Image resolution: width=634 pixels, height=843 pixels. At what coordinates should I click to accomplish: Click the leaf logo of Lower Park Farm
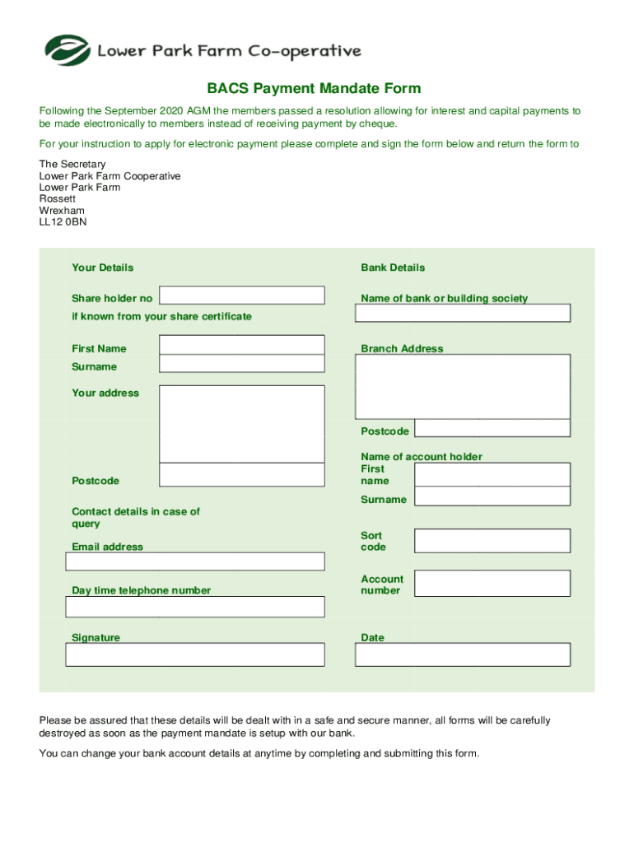(67, 50)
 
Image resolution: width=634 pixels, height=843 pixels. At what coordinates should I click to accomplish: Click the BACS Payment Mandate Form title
(314, 89)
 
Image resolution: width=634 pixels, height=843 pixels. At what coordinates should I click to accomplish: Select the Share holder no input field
(241, 296)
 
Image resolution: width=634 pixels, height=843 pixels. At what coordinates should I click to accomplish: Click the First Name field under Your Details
(241, 345)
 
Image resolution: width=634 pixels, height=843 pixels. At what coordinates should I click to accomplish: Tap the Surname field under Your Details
(241, 365)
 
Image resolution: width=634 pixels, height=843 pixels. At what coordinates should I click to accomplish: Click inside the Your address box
(241, 424)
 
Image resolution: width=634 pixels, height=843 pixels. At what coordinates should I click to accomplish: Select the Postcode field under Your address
(241, 475)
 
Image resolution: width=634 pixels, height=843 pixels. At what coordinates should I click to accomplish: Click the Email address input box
(195, 561)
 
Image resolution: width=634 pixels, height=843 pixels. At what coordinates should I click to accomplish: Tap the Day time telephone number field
(195, 607)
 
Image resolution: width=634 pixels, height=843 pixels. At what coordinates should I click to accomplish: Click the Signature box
(195, 654)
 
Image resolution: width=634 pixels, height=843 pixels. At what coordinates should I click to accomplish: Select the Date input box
(462, 654)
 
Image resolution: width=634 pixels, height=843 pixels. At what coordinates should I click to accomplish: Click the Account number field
(492, 584)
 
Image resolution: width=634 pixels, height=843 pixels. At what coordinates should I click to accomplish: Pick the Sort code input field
(492, 541)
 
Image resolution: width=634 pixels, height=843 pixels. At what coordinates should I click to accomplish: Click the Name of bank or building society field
(462, 313)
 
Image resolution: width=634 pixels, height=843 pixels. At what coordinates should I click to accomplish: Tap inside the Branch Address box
(462, 387)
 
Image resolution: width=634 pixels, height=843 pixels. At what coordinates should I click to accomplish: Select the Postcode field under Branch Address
(492, 428)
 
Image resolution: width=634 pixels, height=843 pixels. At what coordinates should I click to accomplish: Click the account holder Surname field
(492, 496)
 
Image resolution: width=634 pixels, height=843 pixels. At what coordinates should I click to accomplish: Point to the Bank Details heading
(393, 268)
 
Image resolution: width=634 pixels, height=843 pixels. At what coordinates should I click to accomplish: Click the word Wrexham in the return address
(62, 211)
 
